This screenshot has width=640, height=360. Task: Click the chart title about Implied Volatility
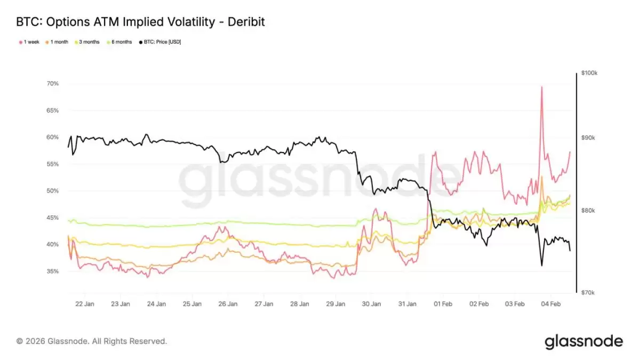pyautogui.click(x=140, y=22)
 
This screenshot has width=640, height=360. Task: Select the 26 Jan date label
pyautogui.click(x=228, y=304)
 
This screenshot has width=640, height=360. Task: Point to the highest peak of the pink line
pyautogui.click(x=542, y=87)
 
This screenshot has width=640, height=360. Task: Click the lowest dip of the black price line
pyautogui.click(x=542, y=266)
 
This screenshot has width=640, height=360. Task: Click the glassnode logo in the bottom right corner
pyautogui.click(x=583, y=341)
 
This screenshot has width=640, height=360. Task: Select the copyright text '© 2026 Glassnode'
pyautogui.click(x=92, y=341)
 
